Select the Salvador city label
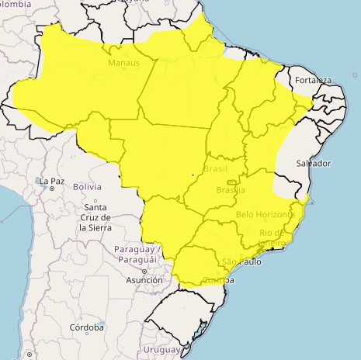pyautogui.click(x=314, y=163)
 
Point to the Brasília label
pyautogui.click(x=231, y=190)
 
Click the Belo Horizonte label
pyautogui.click(x=265, y=214)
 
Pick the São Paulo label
pyautogui.click(x=241, y=261)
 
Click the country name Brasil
pyautogui.click(x=215, y=168)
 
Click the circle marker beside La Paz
pyautogui.click(x=52, y=188)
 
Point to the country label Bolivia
pyautogui.click(x=87, y=187)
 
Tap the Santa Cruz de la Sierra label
pyautogui.click(x=95, y=218)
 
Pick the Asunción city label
pyautogui.click(x=144, y=279)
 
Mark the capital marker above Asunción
pyautogui.click(x=144, y=271)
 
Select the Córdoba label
pyautogui.click(x=85, y=328)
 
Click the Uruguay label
pyautogui.click(x=162, y=350)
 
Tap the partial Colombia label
pyautogui.click(x=16, y=5)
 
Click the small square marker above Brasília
pyautogui.click(x=231, y=182)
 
